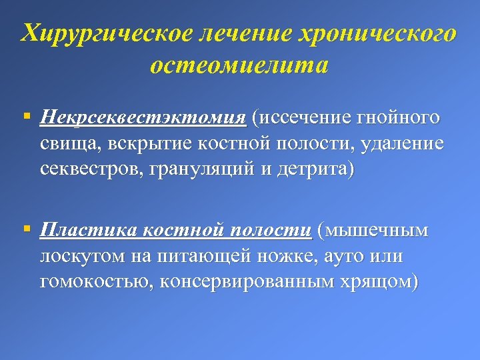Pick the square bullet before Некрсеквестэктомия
(26, 117)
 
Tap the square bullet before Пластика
(26, 230)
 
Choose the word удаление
(404, 144)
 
